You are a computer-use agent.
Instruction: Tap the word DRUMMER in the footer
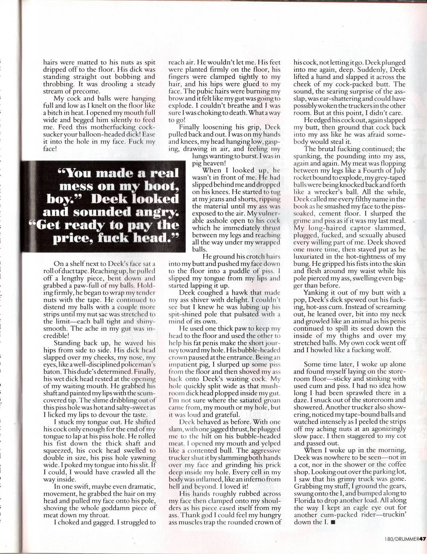[x=406, y=538]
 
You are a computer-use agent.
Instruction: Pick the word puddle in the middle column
[x=242, y=271]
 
